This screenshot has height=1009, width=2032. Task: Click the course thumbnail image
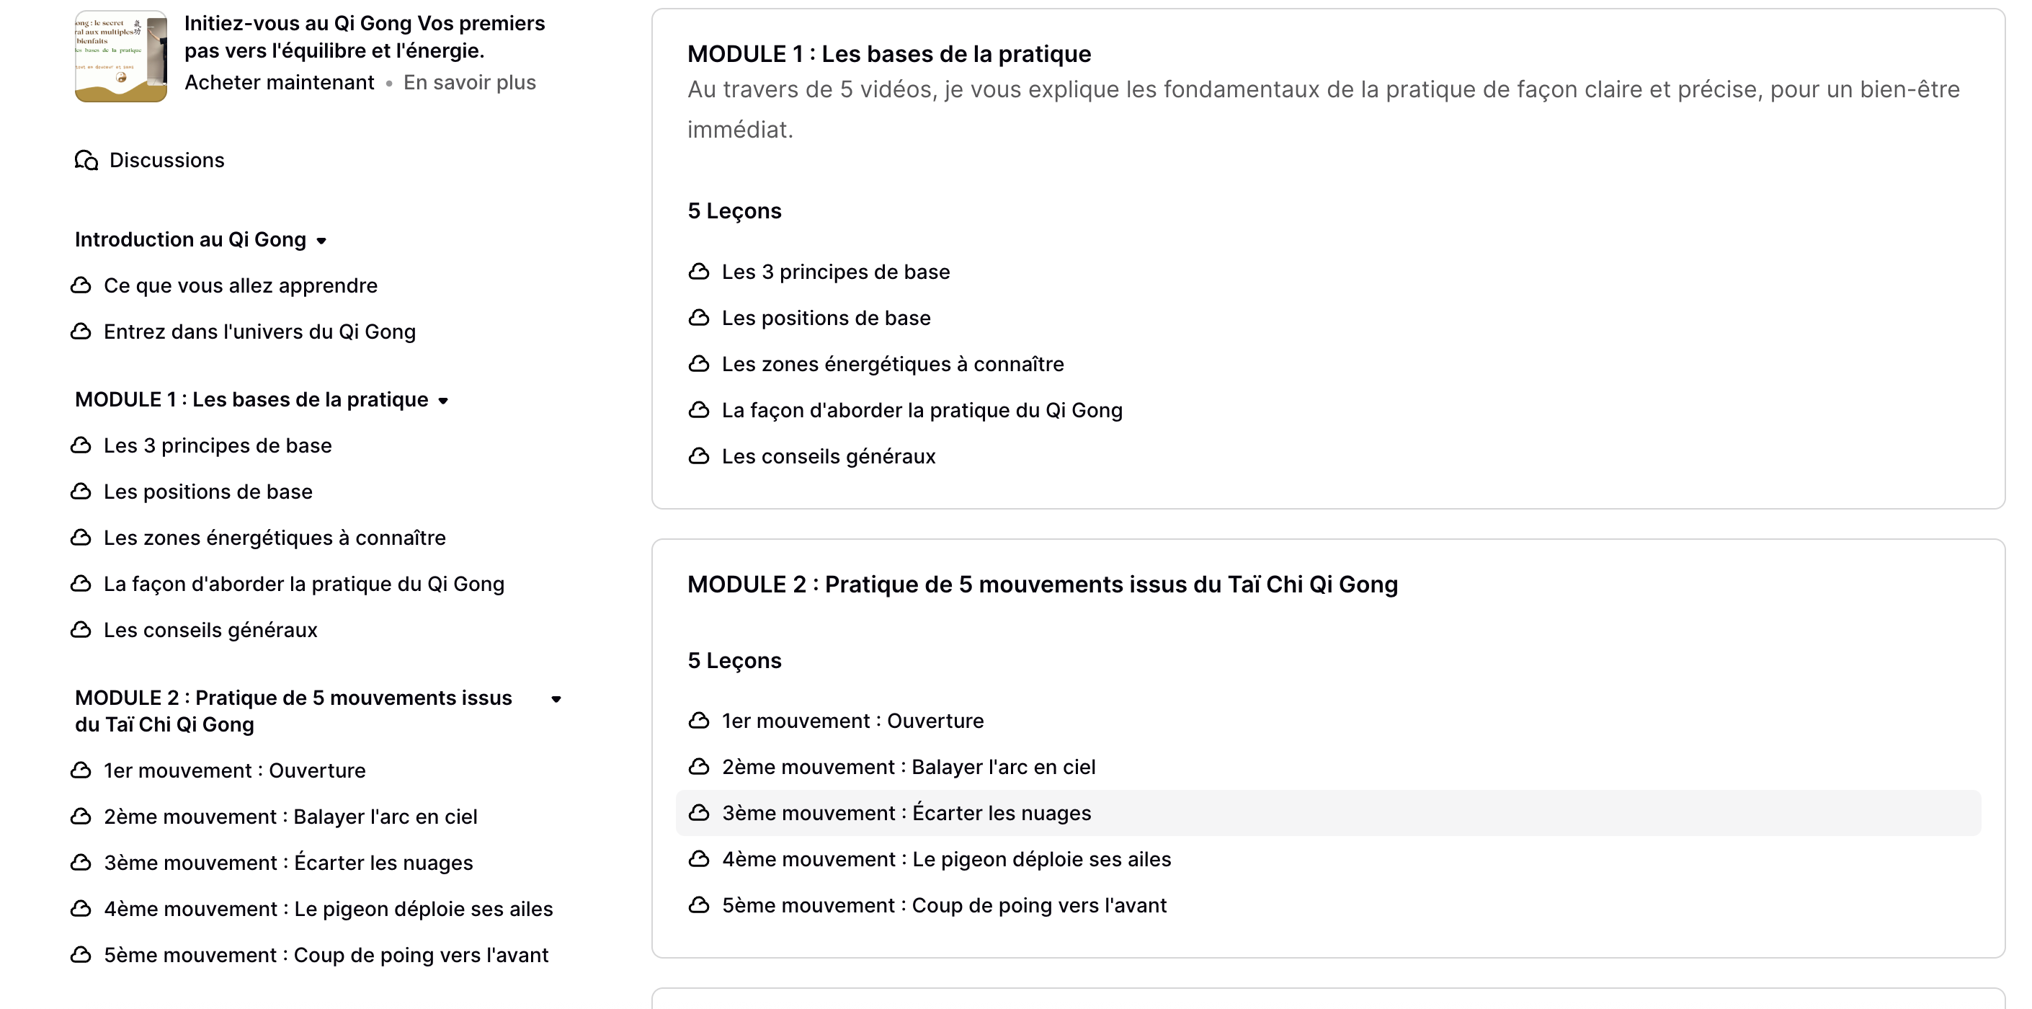click(x=120, y=57)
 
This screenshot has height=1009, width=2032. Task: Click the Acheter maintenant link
click(x=280, y=83)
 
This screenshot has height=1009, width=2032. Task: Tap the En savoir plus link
click(x=469, y=83)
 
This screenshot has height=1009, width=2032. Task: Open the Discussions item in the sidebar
click(x=166, y=160)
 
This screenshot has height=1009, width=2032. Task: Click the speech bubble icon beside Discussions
click(x=86, y=161)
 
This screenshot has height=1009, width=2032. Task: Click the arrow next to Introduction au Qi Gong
click(x=321, y=241)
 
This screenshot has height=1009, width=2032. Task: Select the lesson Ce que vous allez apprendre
click(x=240, y=285)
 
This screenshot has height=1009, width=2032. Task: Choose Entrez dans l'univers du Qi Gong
click(x=259, y=332)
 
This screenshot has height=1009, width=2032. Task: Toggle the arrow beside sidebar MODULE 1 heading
click(x=443, y=401)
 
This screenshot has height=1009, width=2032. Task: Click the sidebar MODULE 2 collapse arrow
click(x=556, y=699)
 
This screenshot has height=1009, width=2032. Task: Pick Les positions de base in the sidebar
click(x=208, y=492)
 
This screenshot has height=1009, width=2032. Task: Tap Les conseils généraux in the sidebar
click(x=210, y=631)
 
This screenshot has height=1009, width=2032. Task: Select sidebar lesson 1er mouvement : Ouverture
click(x=234, y=770)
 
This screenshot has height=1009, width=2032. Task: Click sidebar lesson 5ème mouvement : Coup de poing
click(x=326, y=956)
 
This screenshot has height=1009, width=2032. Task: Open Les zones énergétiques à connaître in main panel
click(x=892, y=365)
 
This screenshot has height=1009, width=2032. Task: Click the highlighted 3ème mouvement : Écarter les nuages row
click(x=906, y=814)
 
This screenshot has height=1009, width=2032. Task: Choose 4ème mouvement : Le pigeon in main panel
click(x=946, y=859)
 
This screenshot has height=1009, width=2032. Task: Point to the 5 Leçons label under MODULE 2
click(x=734, y=661)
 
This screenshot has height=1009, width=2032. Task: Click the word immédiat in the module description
click(x=739, y=130)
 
